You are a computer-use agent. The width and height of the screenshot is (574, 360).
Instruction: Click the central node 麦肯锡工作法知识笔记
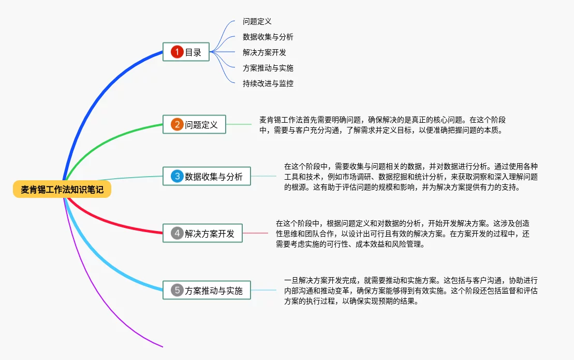(62, 190)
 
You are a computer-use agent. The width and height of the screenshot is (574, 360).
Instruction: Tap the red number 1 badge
(177, 52)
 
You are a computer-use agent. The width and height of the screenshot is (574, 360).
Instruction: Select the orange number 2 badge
(177, 124)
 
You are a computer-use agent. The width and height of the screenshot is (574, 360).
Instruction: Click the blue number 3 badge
(177, 177)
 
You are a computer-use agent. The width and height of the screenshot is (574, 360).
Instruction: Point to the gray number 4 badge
(177, 233)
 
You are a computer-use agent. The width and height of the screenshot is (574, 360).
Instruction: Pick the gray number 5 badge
(177, 290)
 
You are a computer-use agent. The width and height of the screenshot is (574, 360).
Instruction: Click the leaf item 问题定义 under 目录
(257, 21)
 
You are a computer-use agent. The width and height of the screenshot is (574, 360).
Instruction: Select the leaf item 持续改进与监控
(268, 83)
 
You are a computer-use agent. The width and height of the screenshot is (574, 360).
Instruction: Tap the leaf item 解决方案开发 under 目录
(264, 52)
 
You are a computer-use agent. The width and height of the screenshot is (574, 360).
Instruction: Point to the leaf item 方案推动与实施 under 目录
(268, 68)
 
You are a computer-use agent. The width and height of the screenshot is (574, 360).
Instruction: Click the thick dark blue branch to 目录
(98, 88)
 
